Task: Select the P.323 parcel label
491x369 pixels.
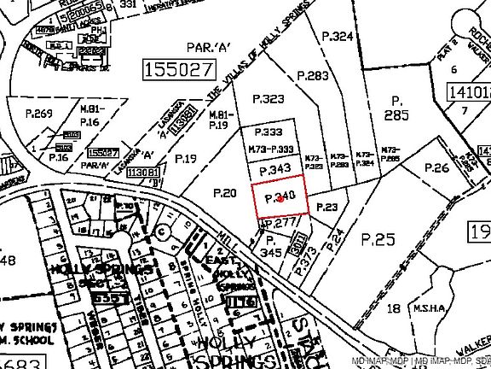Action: coord(269,99)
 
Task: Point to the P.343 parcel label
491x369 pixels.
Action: coord(274,169)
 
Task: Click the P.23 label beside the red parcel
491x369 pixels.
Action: coord(326,207)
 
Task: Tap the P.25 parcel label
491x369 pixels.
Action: coord(379,239)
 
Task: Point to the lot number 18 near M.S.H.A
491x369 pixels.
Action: coord(393,307)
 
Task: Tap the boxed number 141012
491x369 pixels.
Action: coord(469,91)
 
